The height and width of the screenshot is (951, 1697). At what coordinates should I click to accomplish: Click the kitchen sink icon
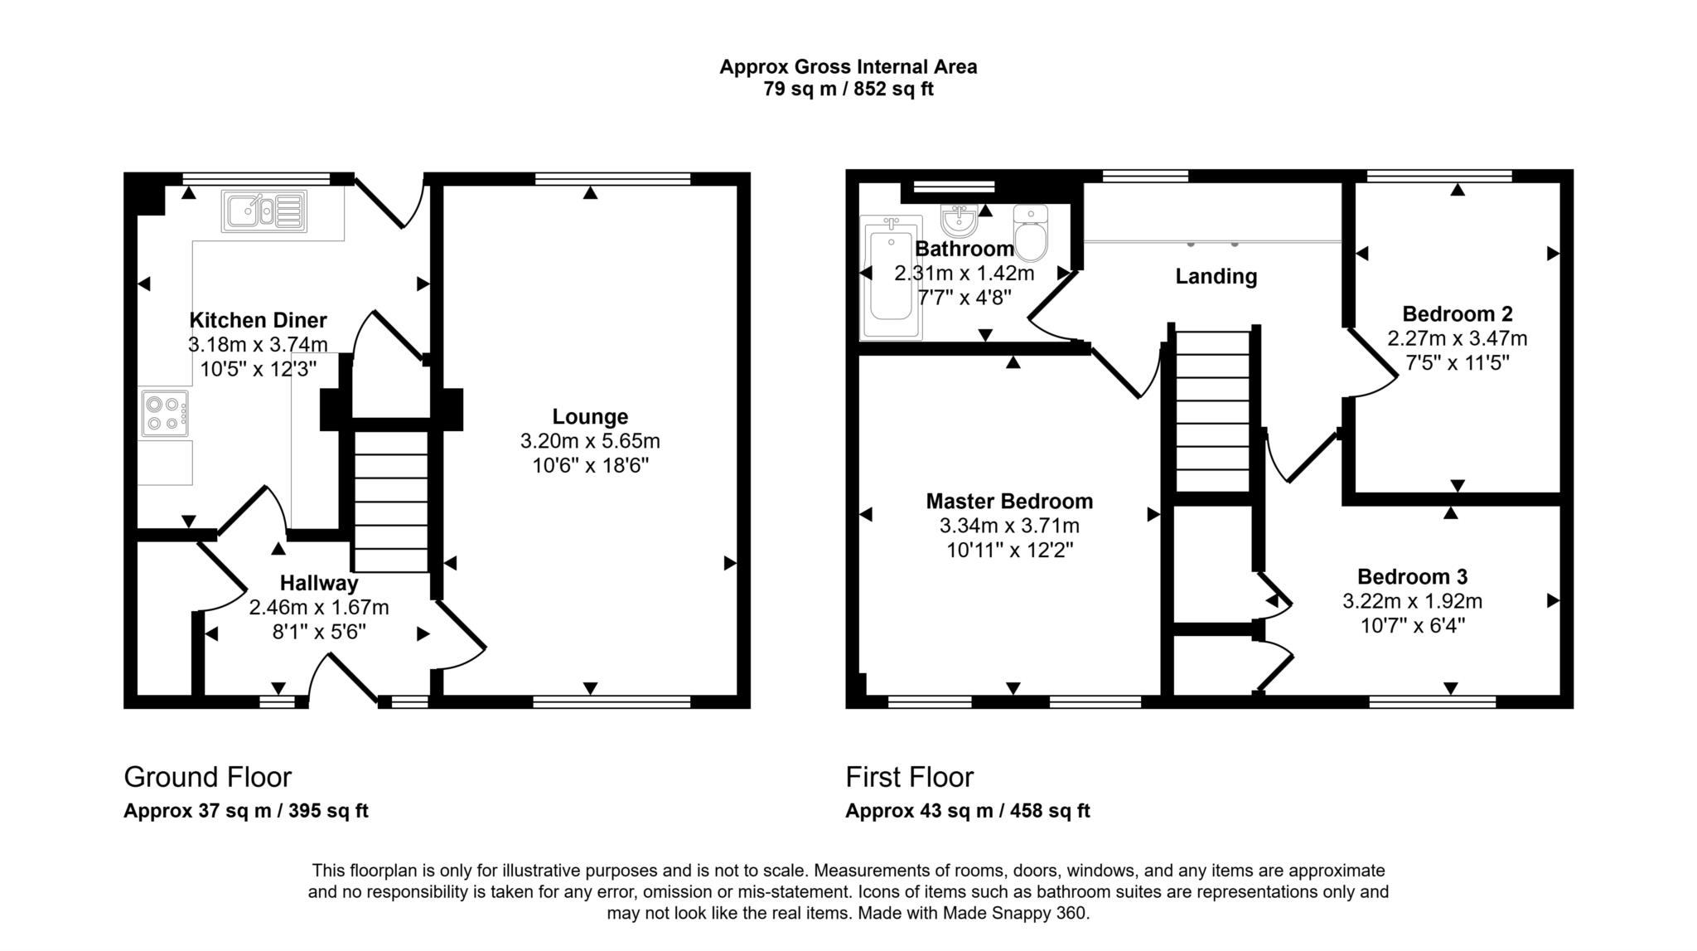(x=263, y=211)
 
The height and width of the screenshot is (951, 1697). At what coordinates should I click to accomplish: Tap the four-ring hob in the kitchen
(x=164, y=413)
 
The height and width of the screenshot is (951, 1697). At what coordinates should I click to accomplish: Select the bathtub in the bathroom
(x=891, y=278)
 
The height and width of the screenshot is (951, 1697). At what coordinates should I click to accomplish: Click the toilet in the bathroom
(x=1031, y=232)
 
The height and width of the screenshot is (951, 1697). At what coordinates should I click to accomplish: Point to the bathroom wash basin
(x=960, y=220)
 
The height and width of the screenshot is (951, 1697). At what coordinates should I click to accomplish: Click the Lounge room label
(x=590, y=416)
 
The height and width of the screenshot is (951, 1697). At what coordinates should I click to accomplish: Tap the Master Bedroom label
(x=1009, y=501)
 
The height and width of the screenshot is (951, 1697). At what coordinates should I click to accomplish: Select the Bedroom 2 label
(x=1458, y=313)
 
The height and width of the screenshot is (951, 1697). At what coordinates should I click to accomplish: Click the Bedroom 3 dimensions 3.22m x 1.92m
(x=1413, y=601)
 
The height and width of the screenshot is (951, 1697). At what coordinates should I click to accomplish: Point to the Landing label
(x=1216, y=276)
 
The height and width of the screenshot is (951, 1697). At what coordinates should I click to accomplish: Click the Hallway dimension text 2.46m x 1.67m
(x=319, y=608)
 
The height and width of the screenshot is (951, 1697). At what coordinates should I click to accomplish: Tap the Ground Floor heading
(x=208, y=777)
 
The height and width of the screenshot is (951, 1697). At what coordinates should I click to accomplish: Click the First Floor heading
(x=909, y=777)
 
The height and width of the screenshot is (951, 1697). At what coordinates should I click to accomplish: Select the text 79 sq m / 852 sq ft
(x=848, y=89)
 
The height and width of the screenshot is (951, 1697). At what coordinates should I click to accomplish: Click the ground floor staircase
(x=391, y=501)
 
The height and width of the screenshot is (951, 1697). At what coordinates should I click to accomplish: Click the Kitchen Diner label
(x=259, y=320)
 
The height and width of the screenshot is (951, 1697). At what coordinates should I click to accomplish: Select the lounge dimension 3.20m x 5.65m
(x=590, y=441)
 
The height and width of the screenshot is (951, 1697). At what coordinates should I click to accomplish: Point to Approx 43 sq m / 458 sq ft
(x=968, y=811)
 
